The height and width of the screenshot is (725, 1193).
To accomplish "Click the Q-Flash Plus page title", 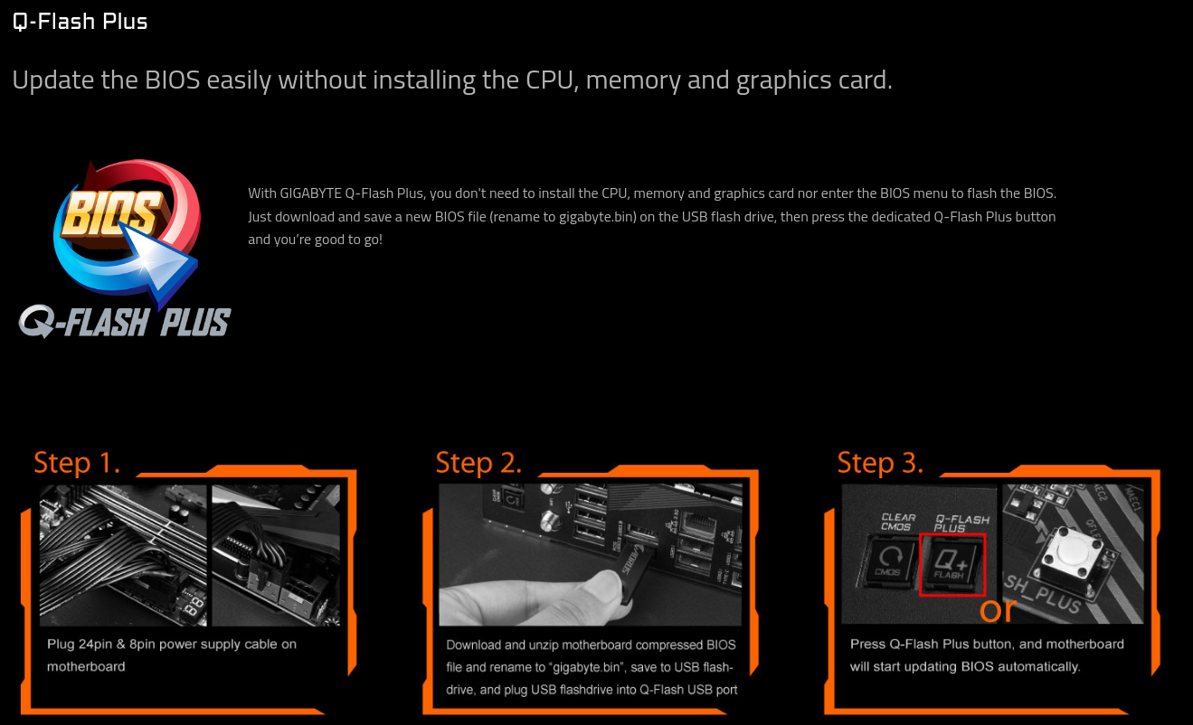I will pos(80,22).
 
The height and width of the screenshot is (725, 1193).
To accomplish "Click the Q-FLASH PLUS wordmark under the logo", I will pos(125,322).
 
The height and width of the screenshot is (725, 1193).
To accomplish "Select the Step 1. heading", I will pos(77,462).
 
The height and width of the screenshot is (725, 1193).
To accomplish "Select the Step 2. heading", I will pos(478,462).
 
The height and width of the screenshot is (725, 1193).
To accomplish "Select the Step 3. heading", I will pos(880,462).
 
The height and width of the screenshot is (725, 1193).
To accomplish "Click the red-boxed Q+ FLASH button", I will pos(952,564).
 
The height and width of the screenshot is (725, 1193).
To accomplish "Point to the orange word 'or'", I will pos(998,610).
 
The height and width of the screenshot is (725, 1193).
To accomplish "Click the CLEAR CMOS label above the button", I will pos(898,523).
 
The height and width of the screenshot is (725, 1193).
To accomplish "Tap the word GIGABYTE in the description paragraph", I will pos(311,193).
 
